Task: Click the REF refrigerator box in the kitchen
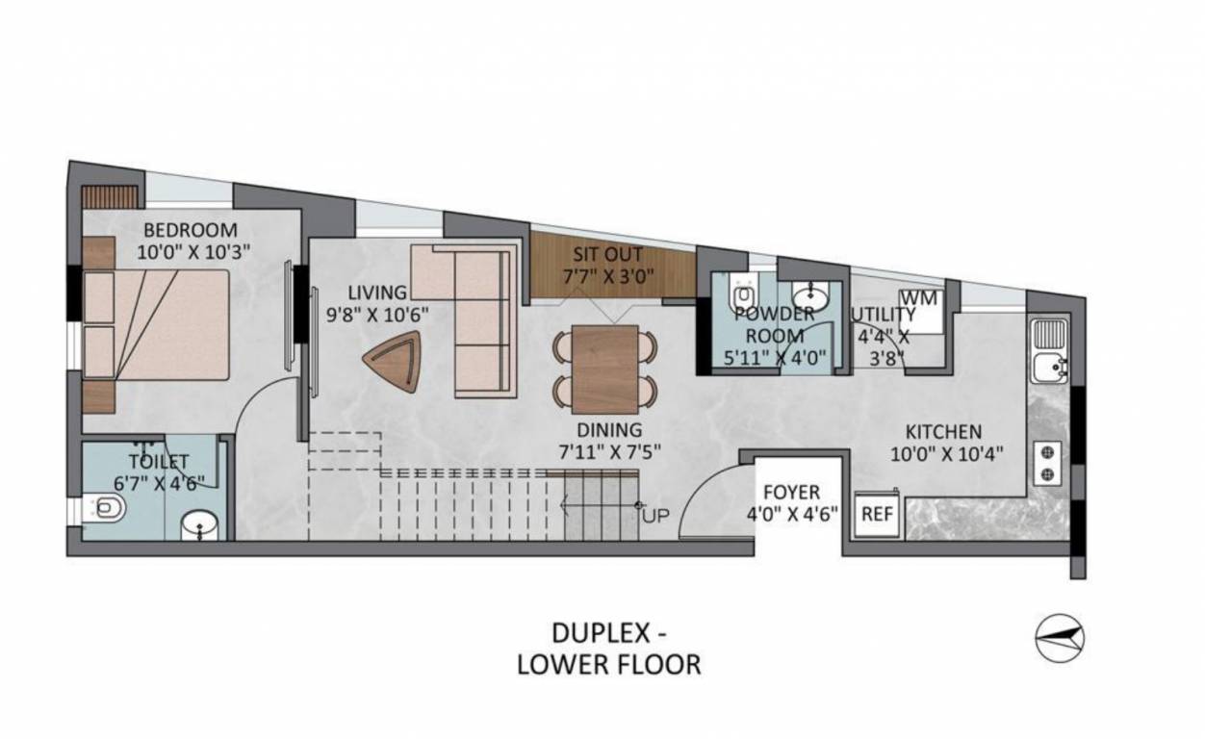tap(877, 514)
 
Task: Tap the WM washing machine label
tap(919, 298)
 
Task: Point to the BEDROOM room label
tap(190, 230)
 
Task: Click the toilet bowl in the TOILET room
tap(108, 507)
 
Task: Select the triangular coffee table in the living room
tap(393, 362)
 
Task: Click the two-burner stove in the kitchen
tap(1046, 462)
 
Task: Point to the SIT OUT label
tap(607, 255)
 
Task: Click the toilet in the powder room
tap(742, 293)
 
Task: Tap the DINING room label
tap(610, 430)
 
